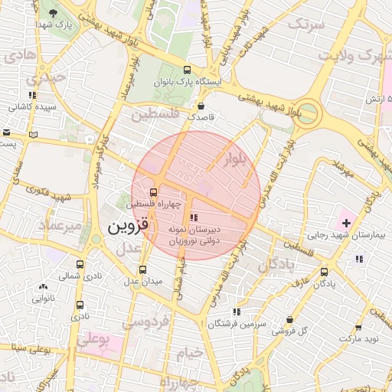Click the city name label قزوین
[119, 227]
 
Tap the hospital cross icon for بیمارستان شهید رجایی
[347, 223]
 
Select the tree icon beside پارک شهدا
[52, 14]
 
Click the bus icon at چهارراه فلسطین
[154, 192]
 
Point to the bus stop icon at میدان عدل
[143, 269]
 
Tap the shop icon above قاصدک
[201, 106]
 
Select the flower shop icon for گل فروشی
[289, 320]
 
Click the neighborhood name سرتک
[306, 24]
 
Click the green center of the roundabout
[310, 113]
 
